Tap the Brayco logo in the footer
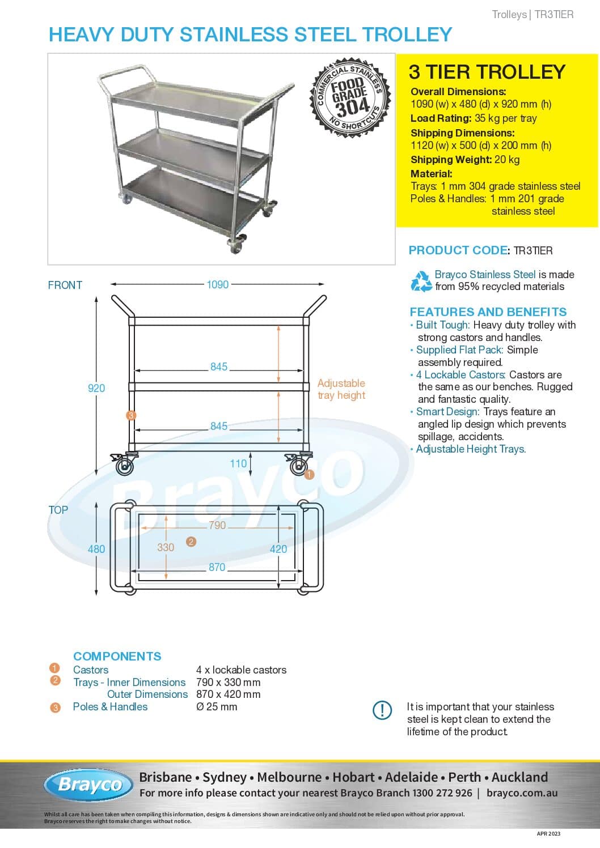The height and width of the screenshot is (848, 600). coord(89,785)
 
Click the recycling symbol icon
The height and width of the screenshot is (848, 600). coord(421,281)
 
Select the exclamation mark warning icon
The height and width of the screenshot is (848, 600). coord(382,710)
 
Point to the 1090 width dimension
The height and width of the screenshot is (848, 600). coord(218,284)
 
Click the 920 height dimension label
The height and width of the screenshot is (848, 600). coord(96,388)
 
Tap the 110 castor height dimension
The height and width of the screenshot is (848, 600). coord(238,463)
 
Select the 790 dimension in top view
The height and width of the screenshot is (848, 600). coord(217,525)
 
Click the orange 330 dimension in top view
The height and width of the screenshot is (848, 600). coord(166,547)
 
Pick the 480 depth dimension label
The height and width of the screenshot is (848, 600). coord(96,549)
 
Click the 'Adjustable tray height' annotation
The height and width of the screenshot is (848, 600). coord(341,389)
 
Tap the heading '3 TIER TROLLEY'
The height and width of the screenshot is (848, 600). coord(487,72)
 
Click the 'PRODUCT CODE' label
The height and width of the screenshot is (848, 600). coord(458,250)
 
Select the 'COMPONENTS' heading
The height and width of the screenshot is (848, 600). coord(117,656)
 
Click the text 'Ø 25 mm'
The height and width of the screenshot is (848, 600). coord(217,706)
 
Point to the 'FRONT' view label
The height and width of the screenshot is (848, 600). coord(65,285)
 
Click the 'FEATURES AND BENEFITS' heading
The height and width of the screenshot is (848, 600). coord(488,312)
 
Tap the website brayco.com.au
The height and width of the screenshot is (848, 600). coord(522,793)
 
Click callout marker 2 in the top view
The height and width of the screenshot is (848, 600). coord(191,542)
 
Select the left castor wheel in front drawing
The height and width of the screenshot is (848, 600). coord(124,466)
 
